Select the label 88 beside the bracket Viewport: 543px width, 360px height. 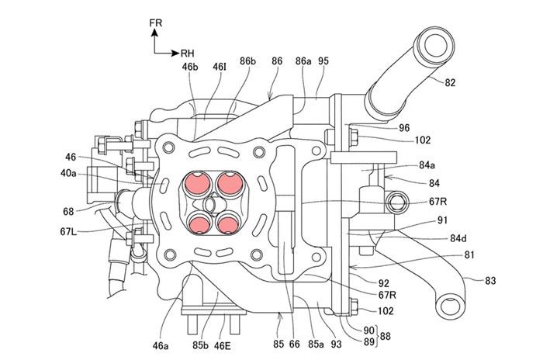pyautogui.click(x=406, y=335)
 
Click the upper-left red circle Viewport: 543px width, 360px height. pyautogui.click(x=196, y=183)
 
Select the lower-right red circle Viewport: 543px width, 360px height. pyautogui.click(x=226, y=223)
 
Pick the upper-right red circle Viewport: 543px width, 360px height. pyautogui.click(x=227, y=183)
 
